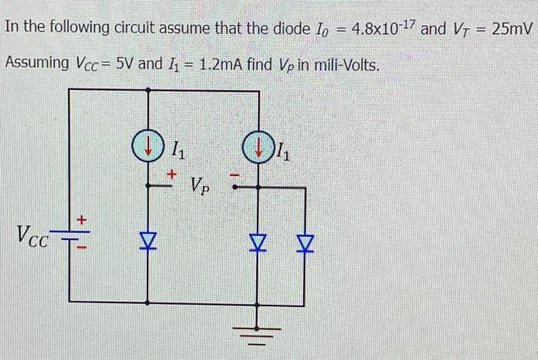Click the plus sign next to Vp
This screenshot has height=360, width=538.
(x=173, y=175)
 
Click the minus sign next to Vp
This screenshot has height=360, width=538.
(x=237, y=176)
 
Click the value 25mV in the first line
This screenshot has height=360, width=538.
(x=511, y=30)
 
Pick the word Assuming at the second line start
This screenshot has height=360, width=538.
(x=36, y=62)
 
